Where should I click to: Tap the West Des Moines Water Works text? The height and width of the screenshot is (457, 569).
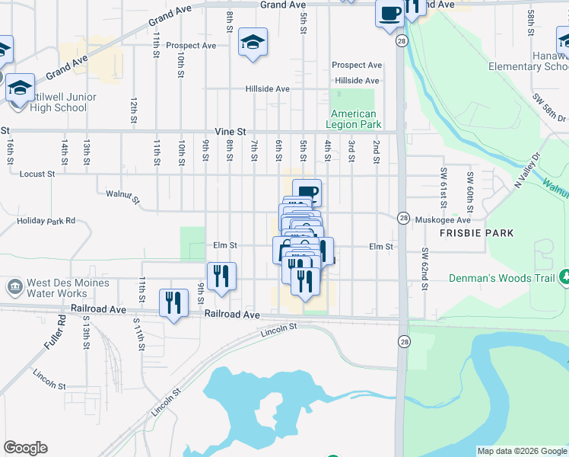(68, 288)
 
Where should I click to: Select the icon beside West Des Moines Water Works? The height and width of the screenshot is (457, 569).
(14, 287)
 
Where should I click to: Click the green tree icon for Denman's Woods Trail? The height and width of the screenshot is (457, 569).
(564, 277)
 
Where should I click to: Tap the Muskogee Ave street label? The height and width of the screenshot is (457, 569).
(444, 219)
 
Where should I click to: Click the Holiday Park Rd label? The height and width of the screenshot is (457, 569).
(46, 221)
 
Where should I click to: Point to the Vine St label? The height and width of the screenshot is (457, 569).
(231, 131)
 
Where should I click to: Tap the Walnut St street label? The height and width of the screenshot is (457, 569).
(122, 198)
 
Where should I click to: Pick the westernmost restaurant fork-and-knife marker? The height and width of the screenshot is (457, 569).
(174, 304)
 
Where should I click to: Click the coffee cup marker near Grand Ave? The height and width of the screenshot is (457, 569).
(390, 14)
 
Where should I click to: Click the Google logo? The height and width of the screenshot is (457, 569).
(25, 448)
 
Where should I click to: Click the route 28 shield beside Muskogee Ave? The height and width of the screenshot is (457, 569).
(402, 219)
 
